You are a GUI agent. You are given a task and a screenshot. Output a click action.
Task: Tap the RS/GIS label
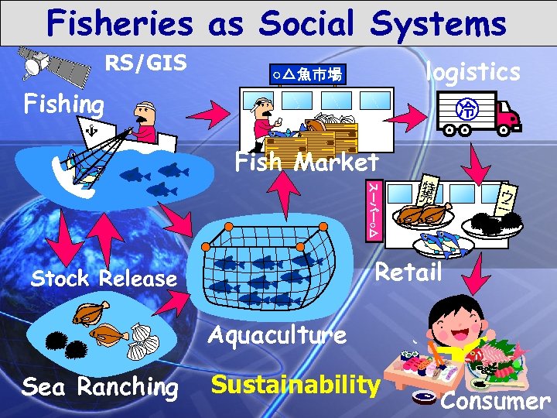[x=146, y=63]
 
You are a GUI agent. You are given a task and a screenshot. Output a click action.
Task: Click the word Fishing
[x=64, y=103]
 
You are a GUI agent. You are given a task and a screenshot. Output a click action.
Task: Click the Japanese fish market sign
[x=306, y=74]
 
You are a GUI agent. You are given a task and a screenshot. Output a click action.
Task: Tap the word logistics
[x=473, y=71]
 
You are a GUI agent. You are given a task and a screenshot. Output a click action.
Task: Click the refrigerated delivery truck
[x=475, y=113]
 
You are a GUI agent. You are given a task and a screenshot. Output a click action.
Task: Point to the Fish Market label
[x=307, y=163]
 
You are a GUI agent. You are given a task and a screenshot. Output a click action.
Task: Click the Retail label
[x=408, y=272]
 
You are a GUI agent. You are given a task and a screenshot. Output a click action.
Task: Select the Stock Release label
[x=104, y=279]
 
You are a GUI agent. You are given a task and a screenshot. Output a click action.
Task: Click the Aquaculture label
[x=277, y=335]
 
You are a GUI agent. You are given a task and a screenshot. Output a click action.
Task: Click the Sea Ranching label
[x=100, y=385]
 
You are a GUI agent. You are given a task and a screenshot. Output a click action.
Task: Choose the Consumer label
[x=495, y=401]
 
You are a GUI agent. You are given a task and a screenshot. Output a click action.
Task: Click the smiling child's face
[x=454, y=326]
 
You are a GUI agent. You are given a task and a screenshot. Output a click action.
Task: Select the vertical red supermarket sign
[x=372, y=210]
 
